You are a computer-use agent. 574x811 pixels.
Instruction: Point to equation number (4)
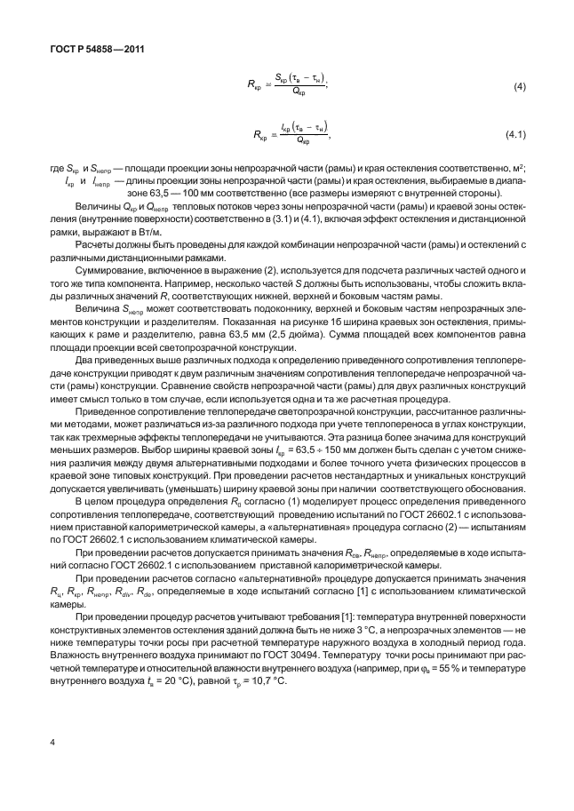[x=521, y=87]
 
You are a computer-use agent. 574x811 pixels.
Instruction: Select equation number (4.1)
[x=516, y=135]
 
